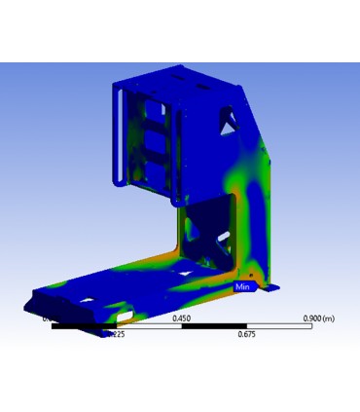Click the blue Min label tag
(243, 287)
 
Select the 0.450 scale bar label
(181, 318)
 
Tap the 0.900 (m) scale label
(320, 318)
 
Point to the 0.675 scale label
(246, 334)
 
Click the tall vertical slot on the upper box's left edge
(120, 136)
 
